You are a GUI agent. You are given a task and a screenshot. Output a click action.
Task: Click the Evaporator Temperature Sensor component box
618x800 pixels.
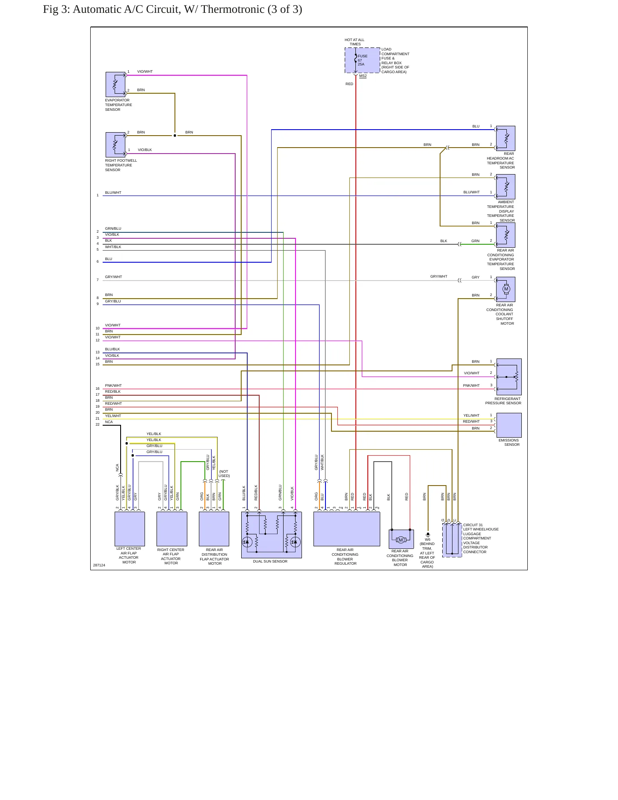115,84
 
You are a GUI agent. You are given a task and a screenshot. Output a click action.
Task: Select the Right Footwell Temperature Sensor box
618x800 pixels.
115,145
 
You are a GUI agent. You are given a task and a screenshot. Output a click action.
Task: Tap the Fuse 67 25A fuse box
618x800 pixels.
362,60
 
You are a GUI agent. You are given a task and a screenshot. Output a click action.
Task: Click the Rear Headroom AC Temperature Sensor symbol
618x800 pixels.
506,138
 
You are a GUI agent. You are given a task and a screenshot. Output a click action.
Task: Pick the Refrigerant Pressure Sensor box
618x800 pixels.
509,377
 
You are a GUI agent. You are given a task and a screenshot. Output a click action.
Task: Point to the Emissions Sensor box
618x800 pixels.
509,425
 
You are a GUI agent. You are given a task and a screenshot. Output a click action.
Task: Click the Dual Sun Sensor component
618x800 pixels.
272,535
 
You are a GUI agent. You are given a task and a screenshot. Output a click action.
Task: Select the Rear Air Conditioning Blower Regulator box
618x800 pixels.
347,529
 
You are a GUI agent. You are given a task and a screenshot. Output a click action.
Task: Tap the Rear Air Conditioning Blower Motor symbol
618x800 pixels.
401,539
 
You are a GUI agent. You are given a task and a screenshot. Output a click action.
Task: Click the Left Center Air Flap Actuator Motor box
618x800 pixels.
130,529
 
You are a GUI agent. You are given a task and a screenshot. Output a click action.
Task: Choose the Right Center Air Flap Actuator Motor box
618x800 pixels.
172,529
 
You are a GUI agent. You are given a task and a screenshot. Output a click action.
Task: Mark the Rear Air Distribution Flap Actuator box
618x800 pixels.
214,529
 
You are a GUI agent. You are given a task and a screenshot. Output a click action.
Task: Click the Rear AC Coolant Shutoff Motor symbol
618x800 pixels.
506,289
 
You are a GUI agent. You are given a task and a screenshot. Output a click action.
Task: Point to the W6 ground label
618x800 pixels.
428,539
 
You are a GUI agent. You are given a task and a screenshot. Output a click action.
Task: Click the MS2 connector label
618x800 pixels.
363,76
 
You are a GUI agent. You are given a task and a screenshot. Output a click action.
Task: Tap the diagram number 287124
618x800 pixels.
99,565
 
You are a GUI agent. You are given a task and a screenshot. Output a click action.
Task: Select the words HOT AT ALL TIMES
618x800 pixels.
355,42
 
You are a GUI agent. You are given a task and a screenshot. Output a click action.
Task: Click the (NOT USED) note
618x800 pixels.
224,474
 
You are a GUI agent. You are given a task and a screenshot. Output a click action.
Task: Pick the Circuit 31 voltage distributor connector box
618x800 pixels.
452,540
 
